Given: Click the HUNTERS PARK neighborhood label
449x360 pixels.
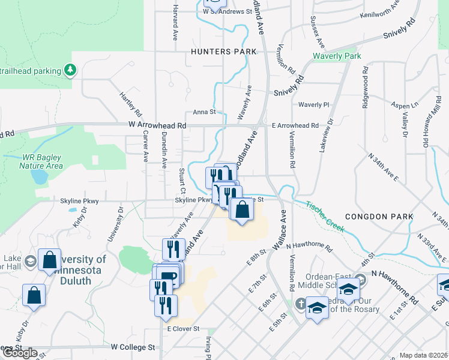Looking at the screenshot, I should pyautogui.click(x=219, y=52).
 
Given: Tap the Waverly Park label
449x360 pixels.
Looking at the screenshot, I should pyautogui.click(x=336, y=56).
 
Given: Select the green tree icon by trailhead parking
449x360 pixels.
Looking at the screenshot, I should pyautogui.click(x=70, y=71).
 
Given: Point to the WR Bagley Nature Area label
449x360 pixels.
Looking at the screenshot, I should pyautogui.click(x=42, y=161).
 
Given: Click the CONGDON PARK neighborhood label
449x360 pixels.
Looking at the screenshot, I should pyautogui.click(x=379, y=216).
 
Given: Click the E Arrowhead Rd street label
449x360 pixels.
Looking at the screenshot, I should pyautogui.click(x=295, y=125).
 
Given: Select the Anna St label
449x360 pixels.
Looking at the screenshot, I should pyautogui.click(x=204, y=112).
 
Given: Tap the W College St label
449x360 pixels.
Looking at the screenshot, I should pyautogui.click(x=133, y=347).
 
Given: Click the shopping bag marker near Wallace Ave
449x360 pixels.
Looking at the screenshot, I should pyautogui.click(x=242, y=210).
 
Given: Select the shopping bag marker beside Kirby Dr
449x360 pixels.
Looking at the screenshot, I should pyautogui.click(x=34, y=295).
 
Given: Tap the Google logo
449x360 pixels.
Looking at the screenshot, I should pyautogui.click(x=19, y=353).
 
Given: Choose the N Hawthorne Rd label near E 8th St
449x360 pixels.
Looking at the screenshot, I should pyautogui.click(x=309, y=246).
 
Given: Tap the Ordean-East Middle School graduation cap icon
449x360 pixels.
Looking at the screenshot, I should pyautogui.click(x=348, y=289).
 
